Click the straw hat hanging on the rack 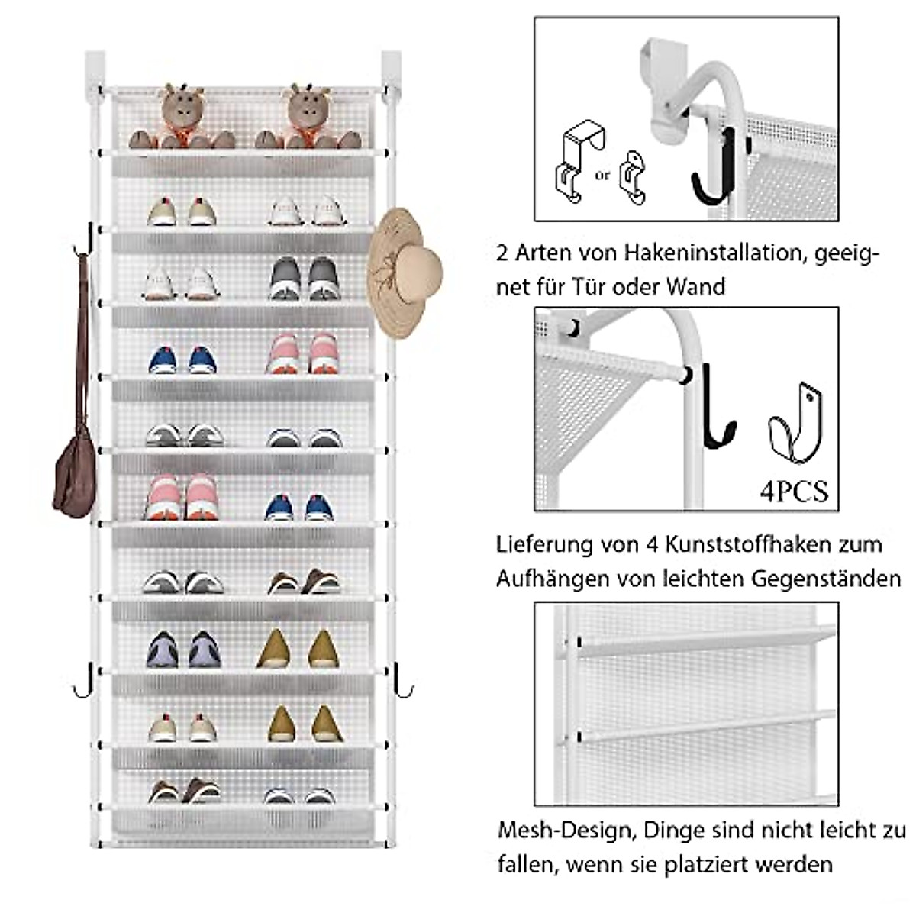[x=405, y=271]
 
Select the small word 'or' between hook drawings [x=603, y=176]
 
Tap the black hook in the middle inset [x=715, y=408]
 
